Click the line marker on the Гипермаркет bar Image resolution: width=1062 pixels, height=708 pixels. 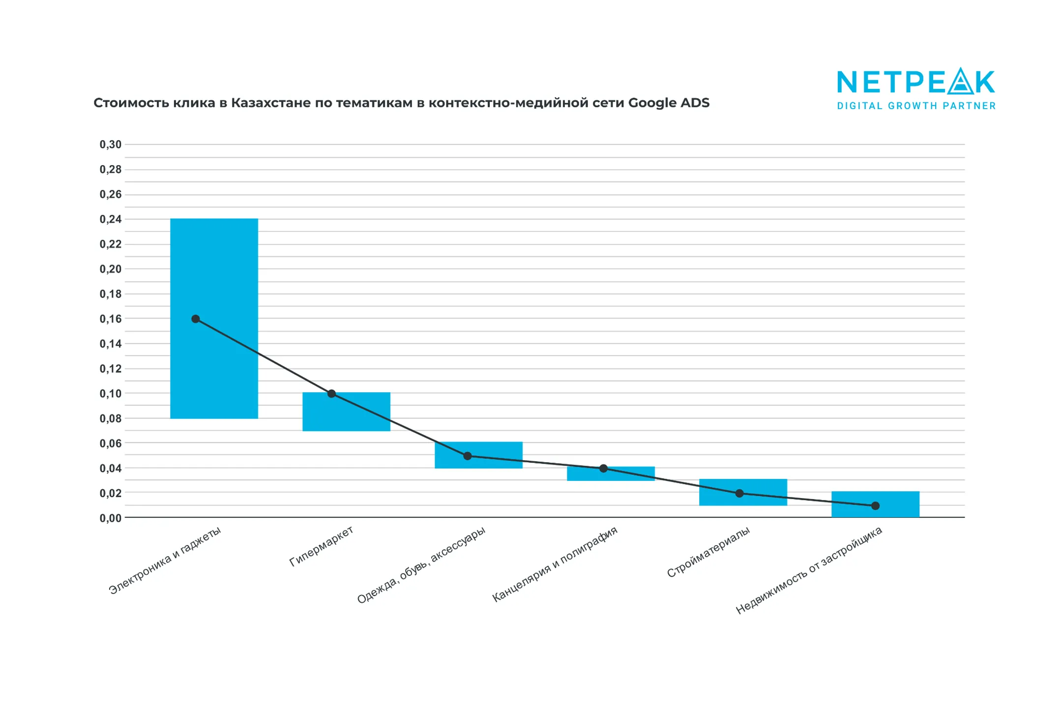331,394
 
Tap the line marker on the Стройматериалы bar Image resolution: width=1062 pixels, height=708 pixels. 739,493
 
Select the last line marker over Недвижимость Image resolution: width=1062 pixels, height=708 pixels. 875,506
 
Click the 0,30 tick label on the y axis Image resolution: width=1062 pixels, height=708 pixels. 110,145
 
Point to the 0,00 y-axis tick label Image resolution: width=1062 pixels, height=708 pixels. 110,518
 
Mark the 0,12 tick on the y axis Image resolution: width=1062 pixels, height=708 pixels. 110,369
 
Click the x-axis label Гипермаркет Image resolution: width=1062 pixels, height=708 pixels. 321,546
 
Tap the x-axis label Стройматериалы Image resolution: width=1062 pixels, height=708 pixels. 708,552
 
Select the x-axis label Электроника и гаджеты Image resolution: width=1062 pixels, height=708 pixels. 165,560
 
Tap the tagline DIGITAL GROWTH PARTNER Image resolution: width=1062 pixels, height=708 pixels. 916,106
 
